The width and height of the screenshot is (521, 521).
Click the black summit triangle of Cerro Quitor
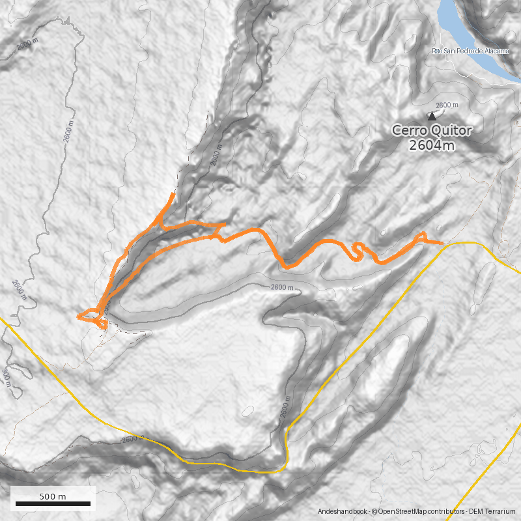[431, 116]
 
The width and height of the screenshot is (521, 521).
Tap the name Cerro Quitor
[432, 130]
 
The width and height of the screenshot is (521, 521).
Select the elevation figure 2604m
[432, 145]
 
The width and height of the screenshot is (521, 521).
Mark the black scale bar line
[53, 503]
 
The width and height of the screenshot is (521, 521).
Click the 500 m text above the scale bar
[53, 496]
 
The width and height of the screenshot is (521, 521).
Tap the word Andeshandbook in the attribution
[343, 512]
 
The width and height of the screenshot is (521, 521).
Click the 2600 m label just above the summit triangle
[447, 105]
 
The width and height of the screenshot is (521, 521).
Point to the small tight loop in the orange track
[358, 250]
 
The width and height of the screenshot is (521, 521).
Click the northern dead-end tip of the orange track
[173, 193]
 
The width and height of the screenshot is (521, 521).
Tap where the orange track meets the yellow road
[444, 244]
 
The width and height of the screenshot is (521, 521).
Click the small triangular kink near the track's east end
[422, 236]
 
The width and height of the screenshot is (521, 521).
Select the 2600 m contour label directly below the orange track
[281, 287]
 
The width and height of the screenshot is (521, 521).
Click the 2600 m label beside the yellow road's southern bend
[285, 410]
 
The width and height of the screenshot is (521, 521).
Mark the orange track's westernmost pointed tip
[77, 317]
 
